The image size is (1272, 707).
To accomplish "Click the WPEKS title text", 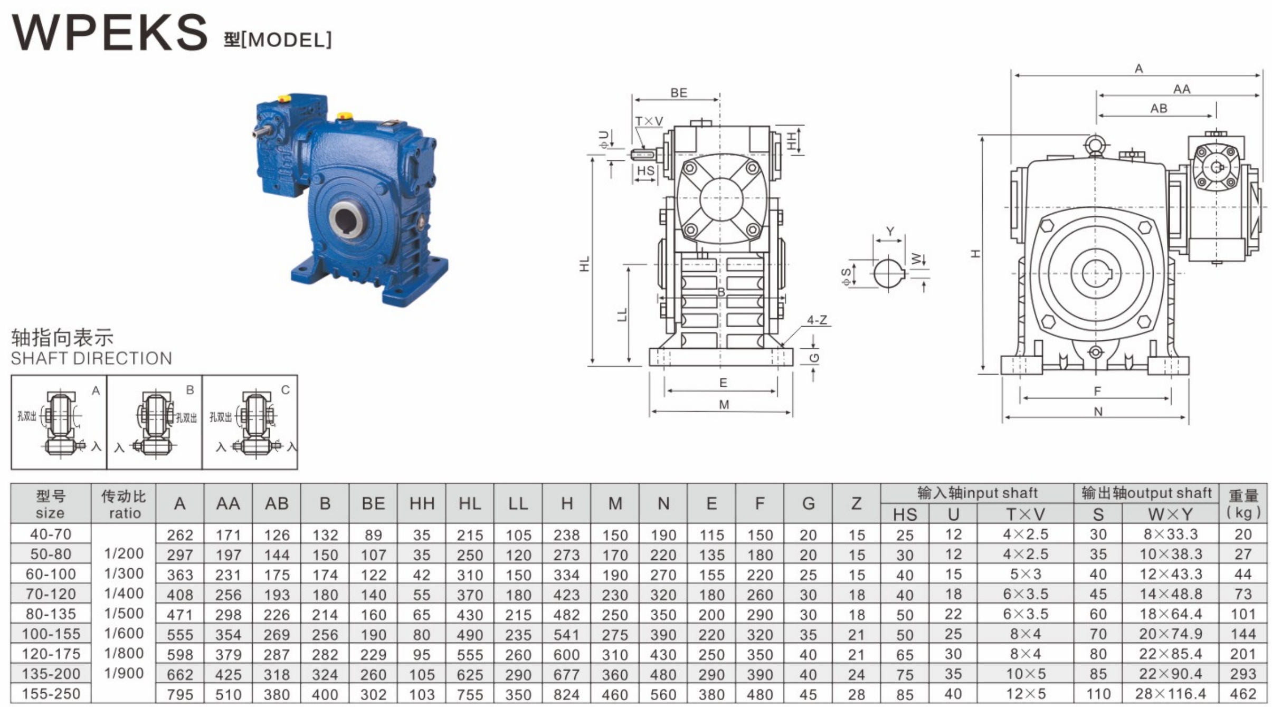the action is coord(110,33).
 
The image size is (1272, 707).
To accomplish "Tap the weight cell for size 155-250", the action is coord(1243,694).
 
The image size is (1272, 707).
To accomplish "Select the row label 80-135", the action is coord(51,614).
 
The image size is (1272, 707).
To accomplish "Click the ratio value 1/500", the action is coord(124,614).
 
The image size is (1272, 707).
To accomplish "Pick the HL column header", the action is coord(470,504).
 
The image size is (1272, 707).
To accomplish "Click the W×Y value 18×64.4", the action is coord(1170,614).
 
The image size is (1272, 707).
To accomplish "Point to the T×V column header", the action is coord(1025,514).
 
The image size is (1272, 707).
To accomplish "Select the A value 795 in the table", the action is coord(180,694).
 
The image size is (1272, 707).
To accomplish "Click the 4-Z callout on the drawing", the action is coord(817,320).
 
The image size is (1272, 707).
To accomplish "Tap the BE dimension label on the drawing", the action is coord(679,93).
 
